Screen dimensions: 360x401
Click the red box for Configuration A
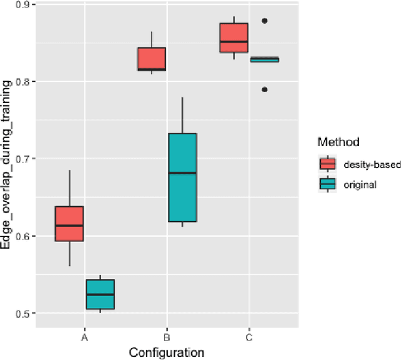(69, 223)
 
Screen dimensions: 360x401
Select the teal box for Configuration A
(100, 294)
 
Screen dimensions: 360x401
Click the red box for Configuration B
(152, 59)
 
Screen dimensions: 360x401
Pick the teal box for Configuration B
(182, 177)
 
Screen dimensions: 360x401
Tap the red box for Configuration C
(234, 38)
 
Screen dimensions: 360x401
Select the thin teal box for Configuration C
(265, 60)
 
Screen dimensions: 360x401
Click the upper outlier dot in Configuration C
(264, 21)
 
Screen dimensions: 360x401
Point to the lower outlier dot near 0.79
(264, 90)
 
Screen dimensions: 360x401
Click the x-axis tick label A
(85, 337)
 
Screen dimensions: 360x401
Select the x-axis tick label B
(167, 337)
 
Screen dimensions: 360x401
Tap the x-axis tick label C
(249, 337)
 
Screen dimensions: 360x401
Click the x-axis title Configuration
(167, 352)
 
